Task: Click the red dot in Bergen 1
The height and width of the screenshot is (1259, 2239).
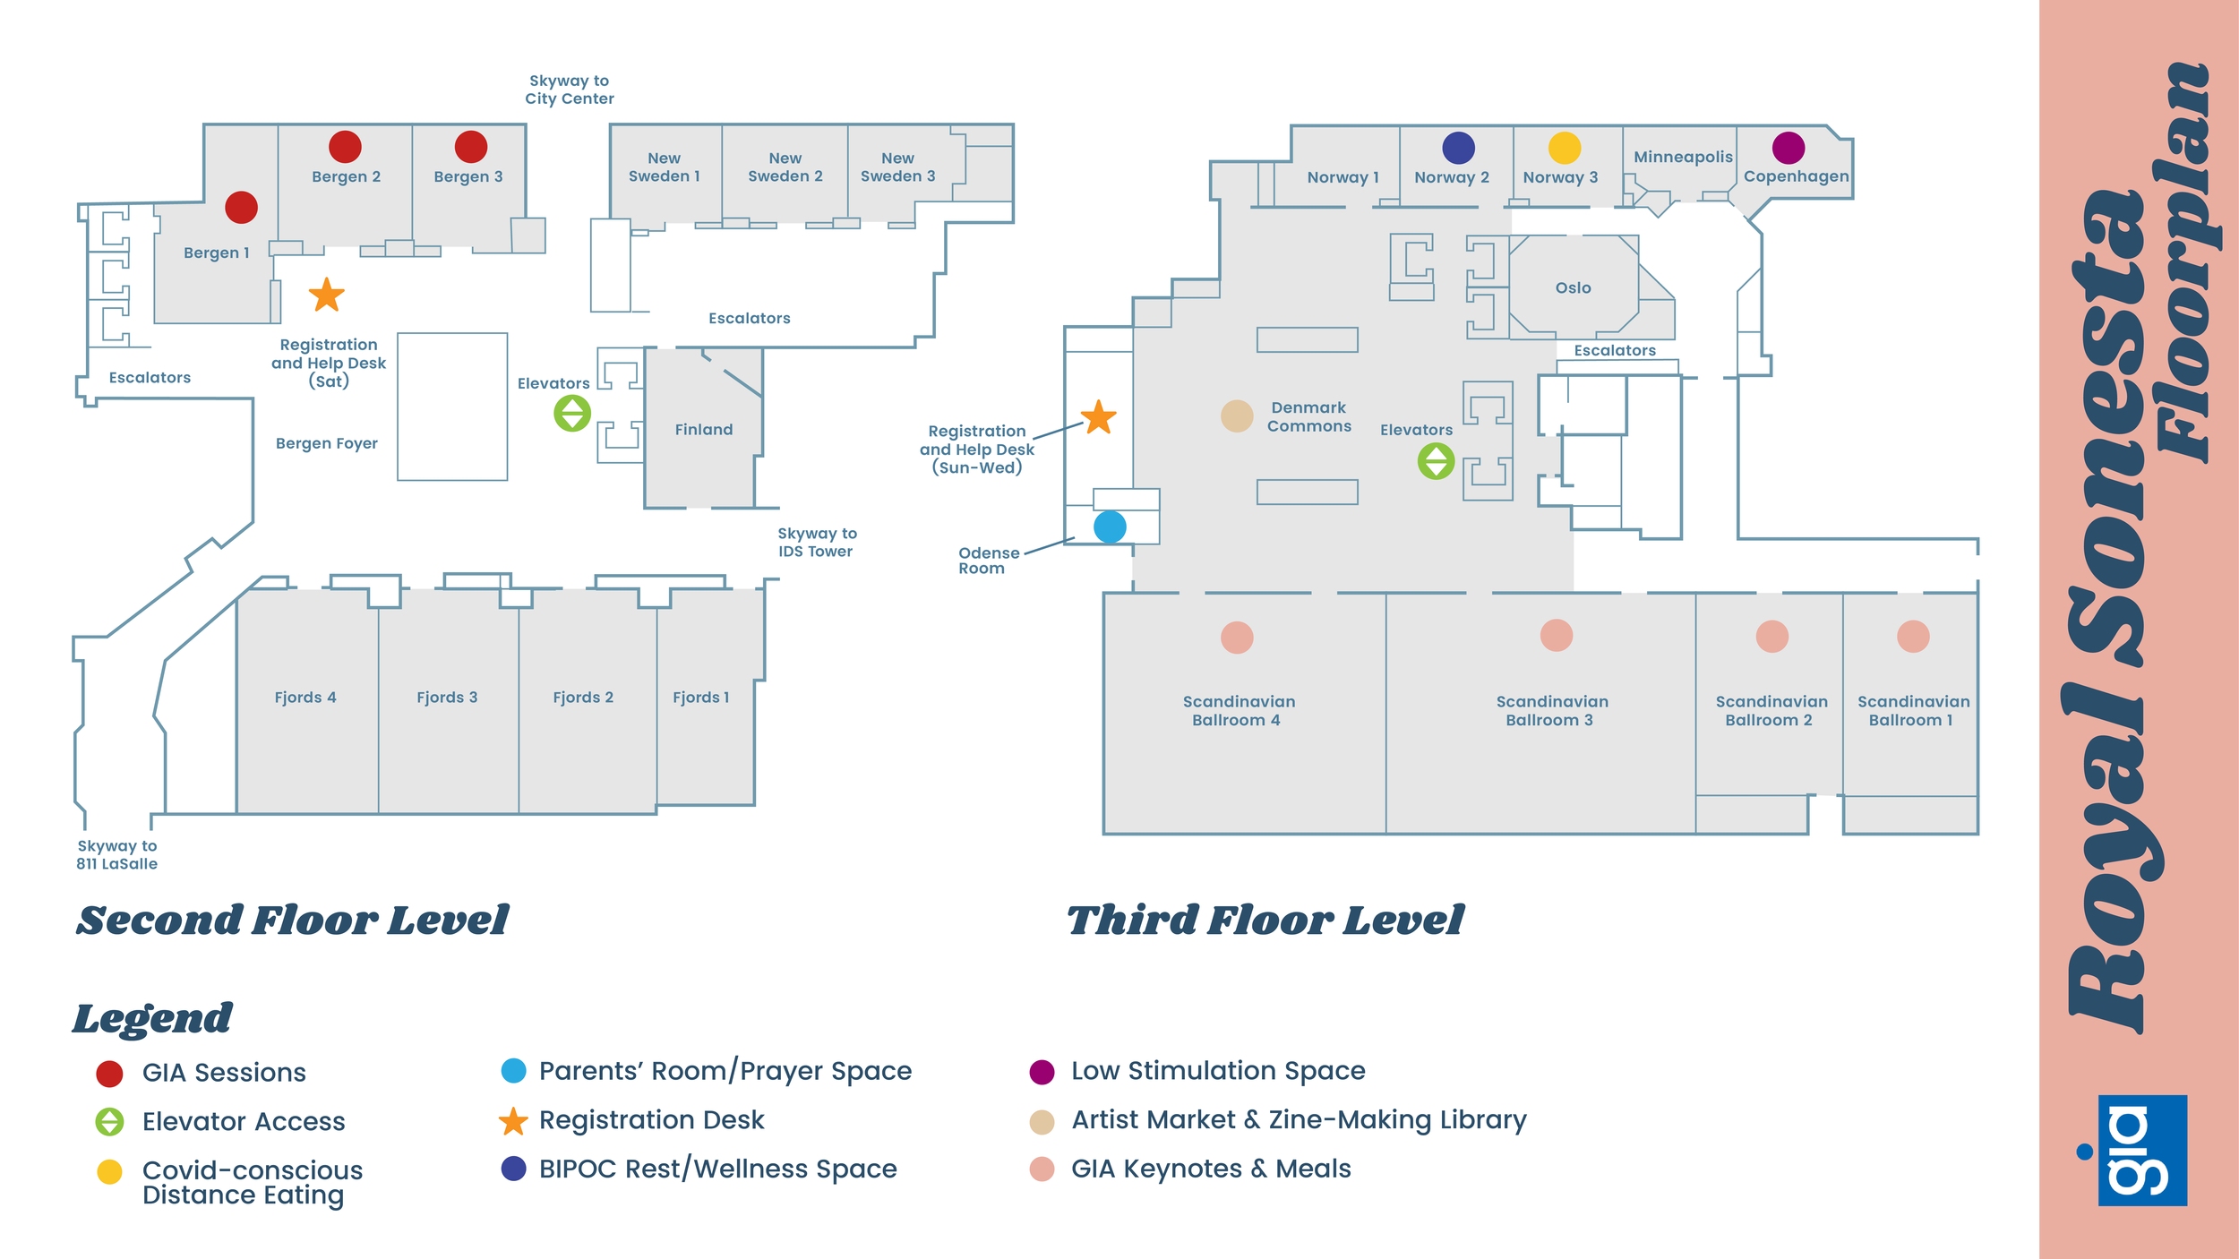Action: coord(241,207)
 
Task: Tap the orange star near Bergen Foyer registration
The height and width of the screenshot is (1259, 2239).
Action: coord(327,295)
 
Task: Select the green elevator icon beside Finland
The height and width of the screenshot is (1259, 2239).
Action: coord(572,413)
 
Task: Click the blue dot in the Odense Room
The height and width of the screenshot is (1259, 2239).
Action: coord(1110,527)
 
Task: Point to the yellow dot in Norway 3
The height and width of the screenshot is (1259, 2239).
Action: coord(1565,148)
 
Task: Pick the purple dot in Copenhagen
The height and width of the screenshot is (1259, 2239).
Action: coord(1789,148)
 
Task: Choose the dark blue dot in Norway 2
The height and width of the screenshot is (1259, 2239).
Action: coord(1459,148)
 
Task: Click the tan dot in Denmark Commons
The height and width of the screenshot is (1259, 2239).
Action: coord(1237,416)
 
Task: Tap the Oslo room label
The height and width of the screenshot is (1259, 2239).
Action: coord(1574,287)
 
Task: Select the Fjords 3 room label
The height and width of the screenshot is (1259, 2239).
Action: coord(447,697)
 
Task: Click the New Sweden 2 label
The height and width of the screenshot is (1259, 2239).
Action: coord(785,167)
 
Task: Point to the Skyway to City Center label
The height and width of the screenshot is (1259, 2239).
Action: coord(570,90)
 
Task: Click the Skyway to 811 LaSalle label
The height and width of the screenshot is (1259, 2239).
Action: coord(117,855)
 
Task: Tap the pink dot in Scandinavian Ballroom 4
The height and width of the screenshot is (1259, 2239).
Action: coord(1237,638)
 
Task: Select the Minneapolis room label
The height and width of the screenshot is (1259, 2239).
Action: coord(1683,157)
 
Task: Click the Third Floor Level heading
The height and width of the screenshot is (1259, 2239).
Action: coord(1265,921)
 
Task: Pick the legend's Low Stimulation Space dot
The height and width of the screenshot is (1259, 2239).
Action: coord(1042,1072)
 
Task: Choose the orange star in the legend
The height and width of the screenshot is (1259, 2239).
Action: coord(513,1120)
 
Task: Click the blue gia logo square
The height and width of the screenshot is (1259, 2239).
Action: coord(2143,1151)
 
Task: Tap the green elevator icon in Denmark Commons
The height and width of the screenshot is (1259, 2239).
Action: coord(1436,461)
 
